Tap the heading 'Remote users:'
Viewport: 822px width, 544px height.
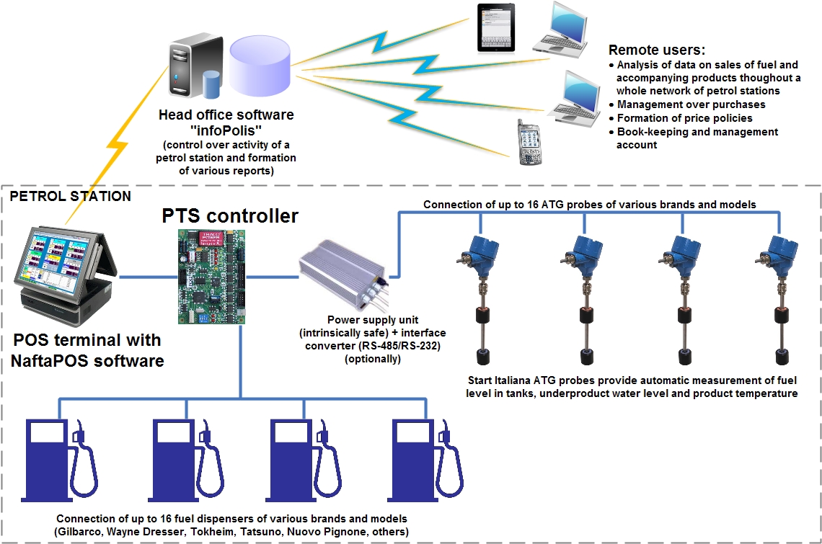pyautogui.click(x=656, y=50)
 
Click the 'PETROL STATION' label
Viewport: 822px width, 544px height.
pyautogui.click(x=70, y=196)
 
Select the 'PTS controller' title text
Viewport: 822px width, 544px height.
pyautogui.click(x=229, y=215)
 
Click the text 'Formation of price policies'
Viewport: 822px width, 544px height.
pyautogui.click(x=684, y=118)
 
